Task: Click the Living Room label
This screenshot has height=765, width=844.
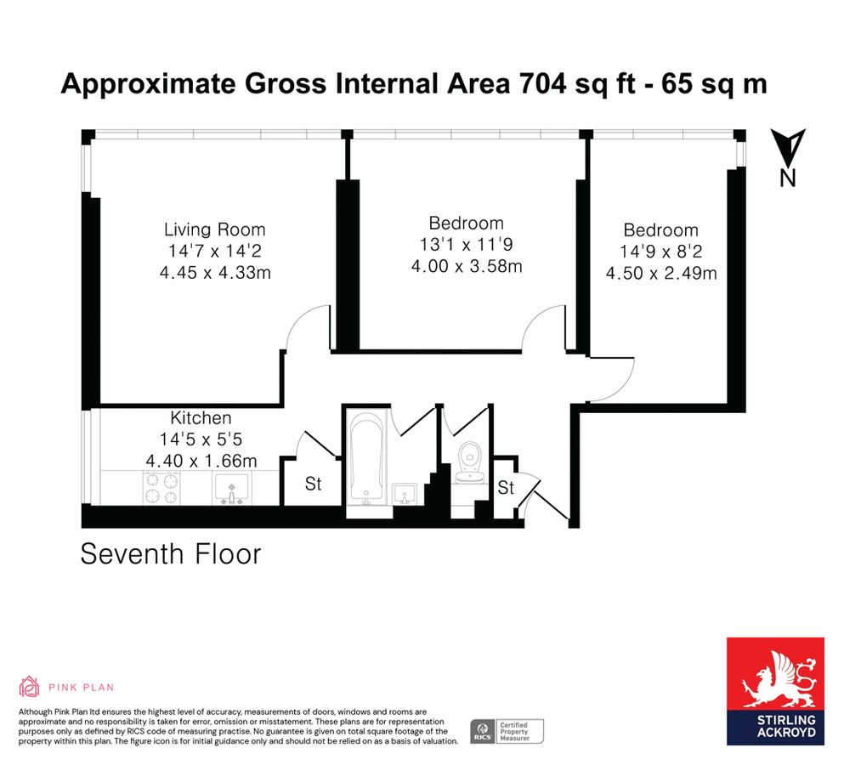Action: (x=214, y=229)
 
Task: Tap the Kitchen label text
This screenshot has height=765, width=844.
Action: (x=201, y=418)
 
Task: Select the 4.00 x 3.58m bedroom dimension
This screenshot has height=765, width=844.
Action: (x=466, y=266)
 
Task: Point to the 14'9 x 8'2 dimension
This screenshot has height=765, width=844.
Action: (x=660, y=252)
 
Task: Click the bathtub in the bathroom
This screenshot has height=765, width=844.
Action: (x=367, y=457)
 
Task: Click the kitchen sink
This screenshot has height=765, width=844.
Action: (x=230, y=489)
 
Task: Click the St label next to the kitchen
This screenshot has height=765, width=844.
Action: (x=314, y=484)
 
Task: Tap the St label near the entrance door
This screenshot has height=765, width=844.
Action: (x=507, y=488)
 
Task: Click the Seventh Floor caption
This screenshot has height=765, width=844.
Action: (x=170, y=554)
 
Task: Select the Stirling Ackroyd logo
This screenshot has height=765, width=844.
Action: (x=774, y=691)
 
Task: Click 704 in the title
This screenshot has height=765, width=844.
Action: (x=537, y=84)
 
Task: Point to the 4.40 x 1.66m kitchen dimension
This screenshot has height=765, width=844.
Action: (x=201, y=461)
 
